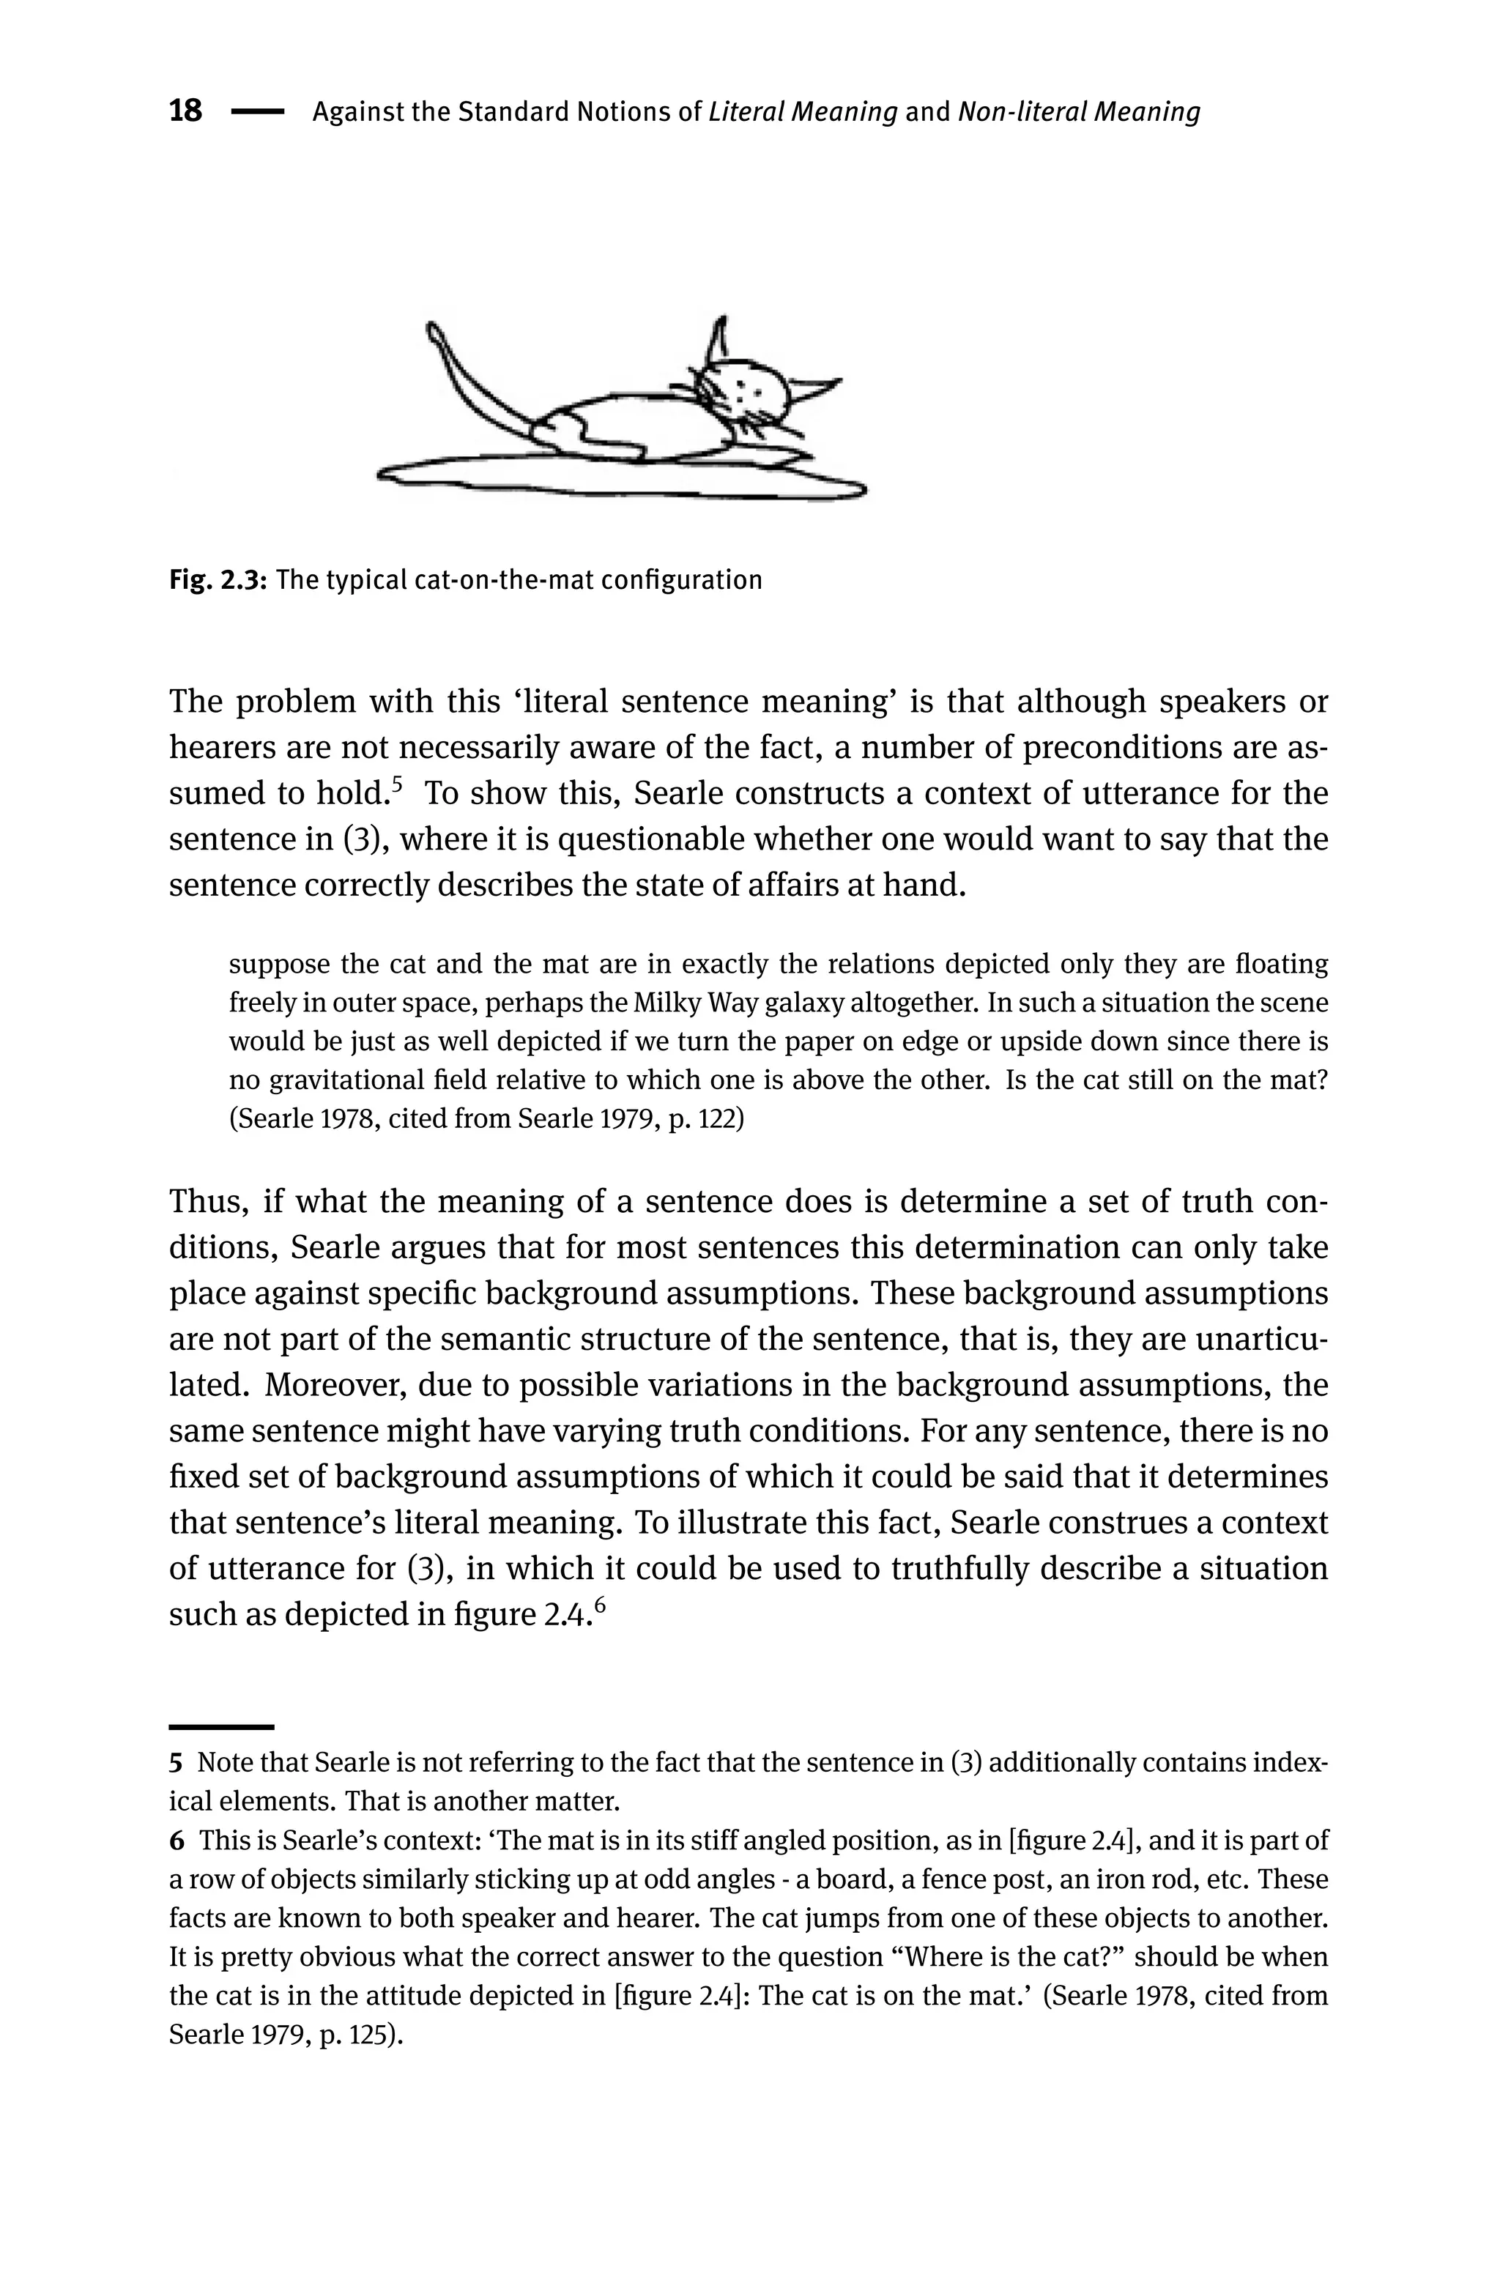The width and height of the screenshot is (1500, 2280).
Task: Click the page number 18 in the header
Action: (x=186, y=111)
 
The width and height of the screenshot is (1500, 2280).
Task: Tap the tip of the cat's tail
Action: (x=433, y=330)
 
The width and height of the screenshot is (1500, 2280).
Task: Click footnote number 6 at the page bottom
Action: (x=175, y=1841)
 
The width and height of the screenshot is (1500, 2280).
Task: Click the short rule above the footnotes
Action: (x=221, y=1726)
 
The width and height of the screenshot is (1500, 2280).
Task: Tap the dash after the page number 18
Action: (x=258, y=112)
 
